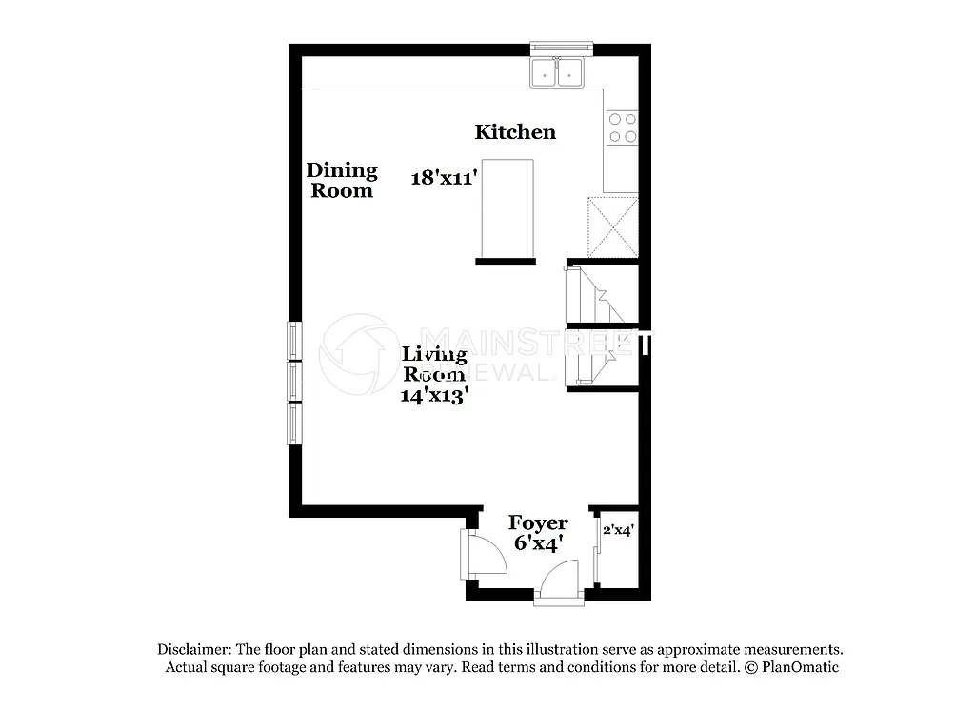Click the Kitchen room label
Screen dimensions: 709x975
click(515, 131)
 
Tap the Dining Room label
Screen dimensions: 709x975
click(342, 180)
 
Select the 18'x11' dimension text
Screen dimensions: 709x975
click(443, 177)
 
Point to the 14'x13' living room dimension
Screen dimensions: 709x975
click(435, 395)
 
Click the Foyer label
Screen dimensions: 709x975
click(538, 522)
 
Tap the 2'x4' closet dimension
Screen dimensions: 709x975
click(619, 530)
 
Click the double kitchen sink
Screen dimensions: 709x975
click(558, 72)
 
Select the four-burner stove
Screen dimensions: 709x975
click(623, 128)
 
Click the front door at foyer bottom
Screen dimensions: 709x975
click(559, 582)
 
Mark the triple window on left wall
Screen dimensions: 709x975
click(294, 383)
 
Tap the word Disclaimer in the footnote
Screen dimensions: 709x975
click(194, 649)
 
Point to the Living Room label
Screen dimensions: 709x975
click(435, 364)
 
